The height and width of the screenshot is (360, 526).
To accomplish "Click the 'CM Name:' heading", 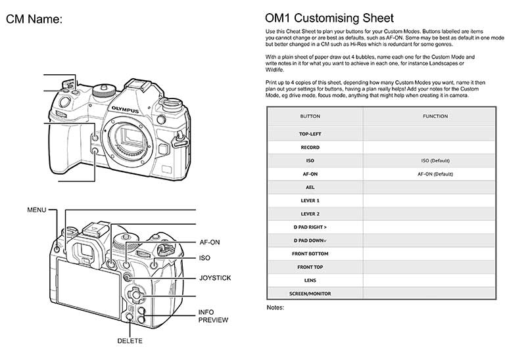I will (x=34, y=20).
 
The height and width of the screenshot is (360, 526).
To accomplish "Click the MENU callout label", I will (x=36, y=210).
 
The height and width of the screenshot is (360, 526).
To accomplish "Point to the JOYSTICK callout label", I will (x=214, y=278).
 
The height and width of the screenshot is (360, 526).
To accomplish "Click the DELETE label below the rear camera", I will (x=130, y=341).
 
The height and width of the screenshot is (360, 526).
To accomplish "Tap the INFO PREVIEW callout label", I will (x=213, y=316).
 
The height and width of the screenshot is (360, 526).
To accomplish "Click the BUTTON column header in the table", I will (x=310, y=116).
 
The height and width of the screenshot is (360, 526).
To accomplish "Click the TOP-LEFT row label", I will (x=310, y=134).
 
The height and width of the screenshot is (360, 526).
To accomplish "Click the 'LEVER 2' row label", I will (x=310, y=214).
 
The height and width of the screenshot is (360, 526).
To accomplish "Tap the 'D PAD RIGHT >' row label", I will (x=310, y=227).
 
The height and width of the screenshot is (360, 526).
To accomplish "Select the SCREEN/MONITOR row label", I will (x=310, y=293).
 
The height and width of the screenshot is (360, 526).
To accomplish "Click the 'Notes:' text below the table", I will (x=275, y=307).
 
